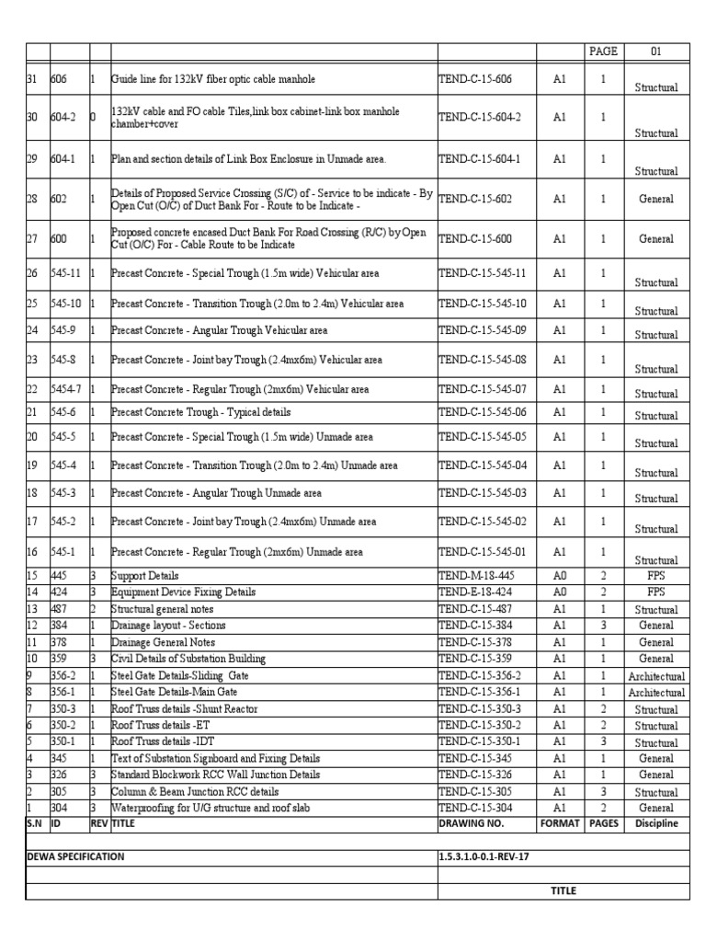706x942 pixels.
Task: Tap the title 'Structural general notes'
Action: tap(164, 609)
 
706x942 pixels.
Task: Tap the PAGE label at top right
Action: tap(604, 52)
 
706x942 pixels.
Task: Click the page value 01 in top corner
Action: tap(656, 52)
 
